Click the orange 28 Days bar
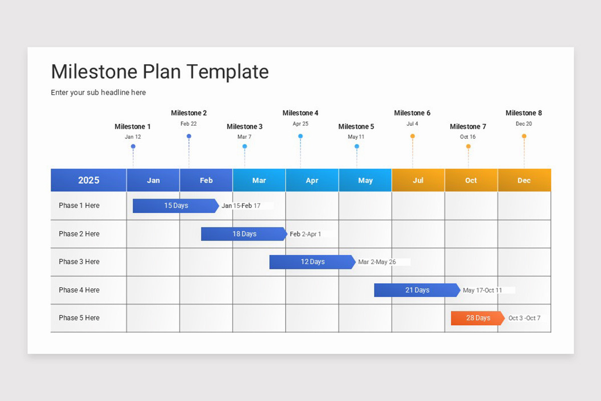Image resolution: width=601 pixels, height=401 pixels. click(x=477, y=318)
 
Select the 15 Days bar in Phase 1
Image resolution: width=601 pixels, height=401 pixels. click(x=175, y=206)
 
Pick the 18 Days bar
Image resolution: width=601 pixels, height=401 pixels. click(x=244, y=234)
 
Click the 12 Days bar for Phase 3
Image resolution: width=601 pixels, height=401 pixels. click(x=312, y=262)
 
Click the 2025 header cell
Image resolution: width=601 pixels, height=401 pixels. click(x=89, y=180)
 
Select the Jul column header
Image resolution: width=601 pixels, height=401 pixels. click(x=418, y=180)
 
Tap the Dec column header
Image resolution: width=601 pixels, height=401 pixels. click(x=524, y=180)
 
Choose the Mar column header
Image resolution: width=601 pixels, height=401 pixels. click(x=259, y=180)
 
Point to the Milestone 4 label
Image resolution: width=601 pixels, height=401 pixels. click(x=300, y=113)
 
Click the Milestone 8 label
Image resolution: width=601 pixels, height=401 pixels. click(x=523, y=113)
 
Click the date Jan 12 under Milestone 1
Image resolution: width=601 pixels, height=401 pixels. click(x=133, y=137)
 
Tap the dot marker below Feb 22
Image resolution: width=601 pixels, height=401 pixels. click(x=189, y=136)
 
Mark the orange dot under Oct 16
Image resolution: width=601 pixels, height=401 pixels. click(x=468, y=146)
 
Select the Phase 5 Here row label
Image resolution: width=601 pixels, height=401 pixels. click(x=79, y=318)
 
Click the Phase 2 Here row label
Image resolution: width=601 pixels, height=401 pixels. click(x=79, y=234)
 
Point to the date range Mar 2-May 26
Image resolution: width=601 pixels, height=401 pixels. click(x=377, y=262)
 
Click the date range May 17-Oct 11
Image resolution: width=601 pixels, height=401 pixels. click(x=482, y=290)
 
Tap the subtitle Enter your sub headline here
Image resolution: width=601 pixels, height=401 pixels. click(x=98, y=92)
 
